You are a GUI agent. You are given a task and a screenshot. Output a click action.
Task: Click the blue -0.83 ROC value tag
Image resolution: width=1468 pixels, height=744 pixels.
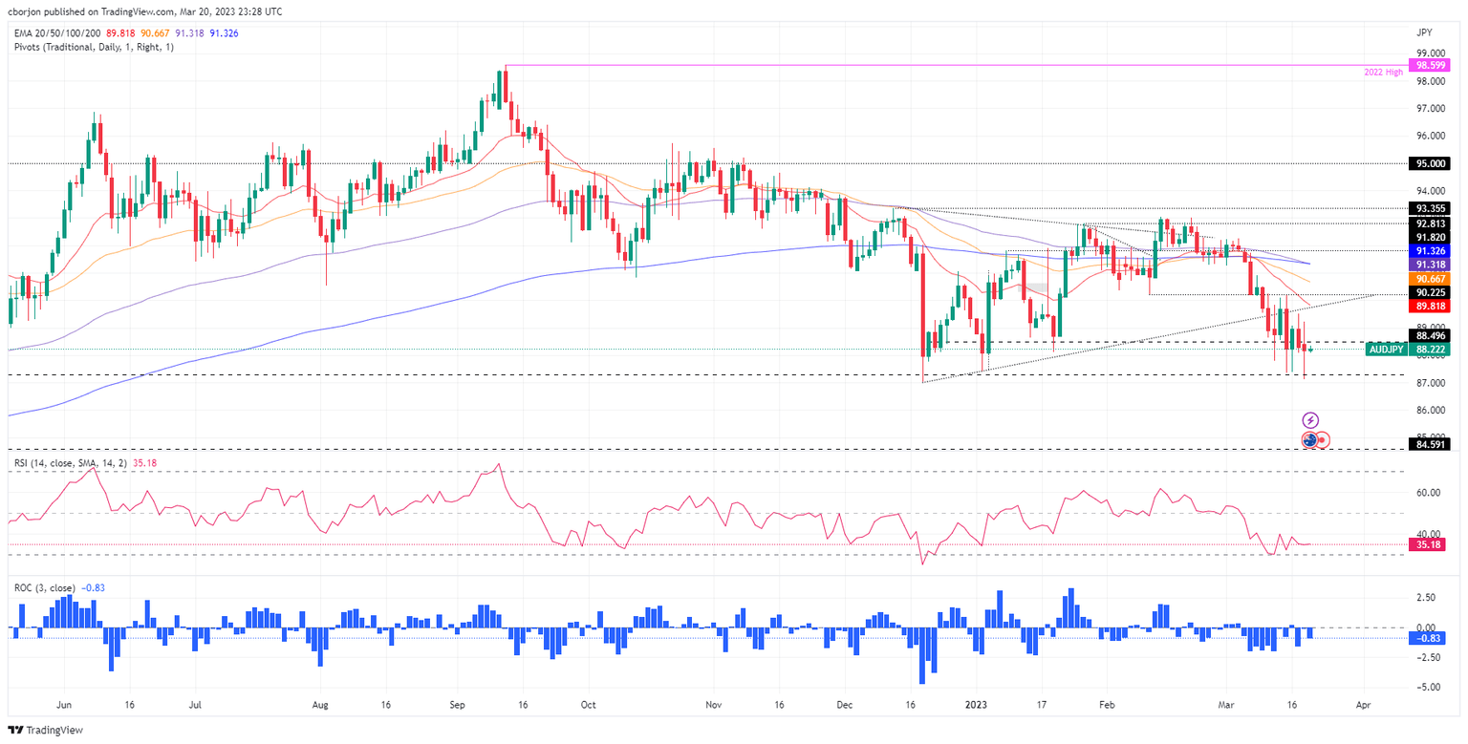click(x=1429, y=638)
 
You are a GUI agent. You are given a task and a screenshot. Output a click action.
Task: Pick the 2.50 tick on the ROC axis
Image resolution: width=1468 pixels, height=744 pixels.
click(x=1425, y=597)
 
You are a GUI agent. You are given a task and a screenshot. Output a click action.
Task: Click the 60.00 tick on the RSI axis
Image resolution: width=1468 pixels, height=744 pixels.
click(x=1428, y=493)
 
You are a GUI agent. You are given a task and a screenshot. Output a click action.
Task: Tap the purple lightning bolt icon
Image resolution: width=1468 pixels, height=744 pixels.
click(x=1311, y=419)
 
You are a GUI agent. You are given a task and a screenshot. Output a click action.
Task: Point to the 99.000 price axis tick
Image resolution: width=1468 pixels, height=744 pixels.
click(x=1429, y=53)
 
